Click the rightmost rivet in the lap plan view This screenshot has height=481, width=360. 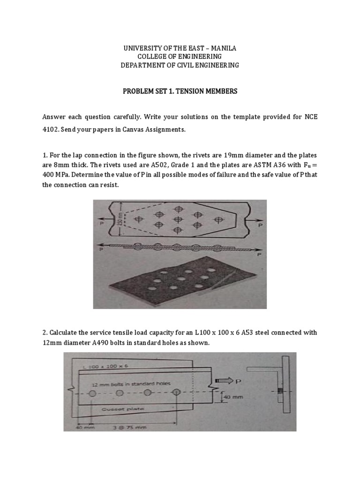217,219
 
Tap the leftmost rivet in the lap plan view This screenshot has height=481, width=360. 139,219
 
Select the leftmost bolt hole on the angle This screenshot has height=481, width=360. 93,393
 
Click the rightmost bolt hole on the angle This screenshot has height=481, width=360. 176,393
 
